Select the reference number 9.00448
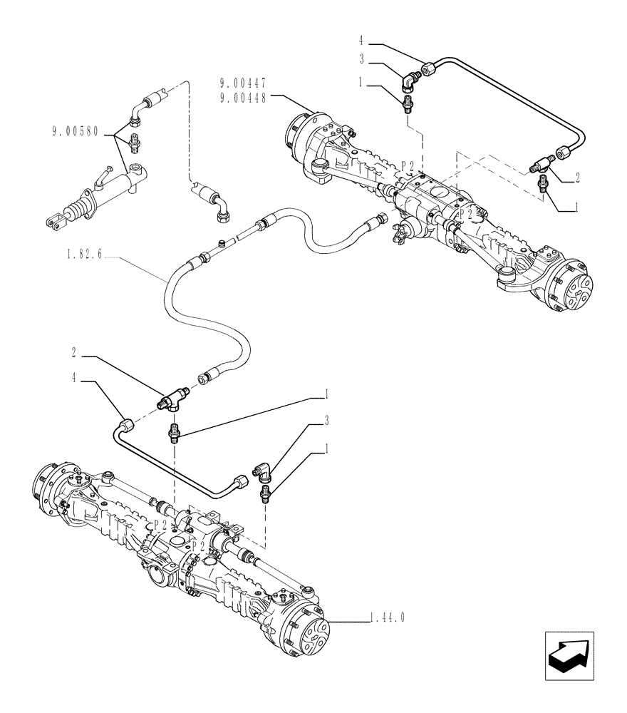click(x=243, y=99)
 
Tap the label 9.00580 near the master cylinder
click(x=76, y=131)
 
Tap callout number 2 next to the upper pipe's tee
click(x=577, y=178)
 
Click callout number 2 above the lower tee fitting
click(x=74, y=352)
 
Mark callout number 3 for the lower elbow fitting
click(x=326, y=423)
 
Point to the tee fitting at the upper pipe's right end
click(x=544, y=164)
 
